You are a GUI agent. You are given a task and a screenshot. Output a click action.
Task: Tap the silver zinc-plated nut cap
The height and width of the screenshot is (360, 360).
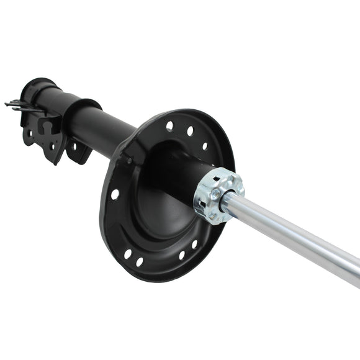218,195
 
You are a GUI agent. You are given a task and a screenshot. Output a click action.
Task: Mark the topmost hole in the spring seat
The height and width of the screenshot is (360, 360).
169,125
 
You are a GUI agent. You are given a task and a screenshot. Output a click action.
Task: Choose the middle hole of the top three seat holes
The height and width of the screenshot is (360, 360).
190,131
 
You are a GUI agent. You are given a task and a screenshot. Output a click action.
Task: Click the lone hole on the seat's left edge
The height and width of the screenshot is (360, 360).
115,194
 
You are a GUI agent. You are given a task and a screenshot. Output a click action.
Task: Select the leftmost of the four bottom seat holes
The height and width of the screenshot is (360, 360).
127,254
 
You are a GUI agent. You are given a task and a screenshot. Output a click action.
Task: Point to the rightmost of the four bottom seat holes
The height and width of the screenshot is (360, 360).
194,245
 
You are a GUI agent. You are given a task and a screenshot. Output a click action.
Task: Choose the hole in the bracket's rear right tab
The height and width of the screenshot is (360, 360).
75,147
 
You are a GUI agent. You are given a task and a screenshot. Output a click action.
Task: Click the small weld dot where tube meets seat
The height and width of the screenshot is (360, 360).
129,161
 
